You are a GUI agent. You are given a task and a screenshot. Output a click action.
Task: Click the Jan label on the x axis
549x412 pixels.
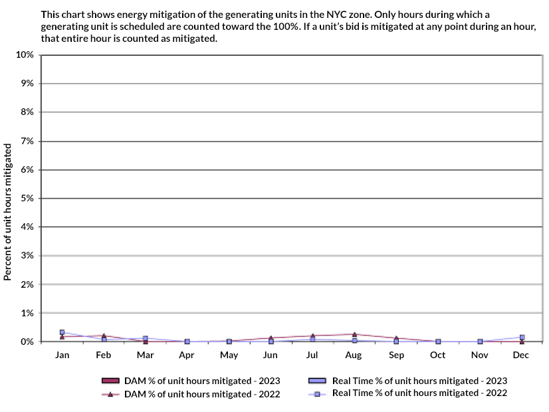(x=62, y=356)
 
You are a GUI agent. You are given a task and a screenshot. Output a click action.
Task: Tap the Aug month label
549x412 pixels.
(x=354, y=356)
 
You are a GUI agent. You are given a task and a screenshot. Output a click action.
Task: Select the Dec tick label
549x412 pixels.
(x=521, y=356)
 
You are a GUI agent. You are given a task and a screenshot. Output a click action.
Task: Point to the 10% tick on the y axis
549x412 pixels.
(x=25, y=54)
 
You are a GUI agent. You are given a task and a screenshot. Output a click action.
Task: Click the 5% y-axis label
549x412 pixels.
(x=27, y=198)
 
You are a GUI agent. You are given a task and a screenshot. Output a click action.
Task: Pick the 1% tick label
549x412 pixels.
(x=27, y=313)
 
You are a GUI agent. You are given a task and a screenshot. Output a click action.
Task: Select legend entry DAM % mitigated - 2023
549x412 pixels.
(x=191, y=381)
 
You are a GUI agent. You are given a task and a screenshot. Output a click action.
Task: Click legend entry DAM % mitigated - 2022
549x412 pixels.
(x=191, y=394)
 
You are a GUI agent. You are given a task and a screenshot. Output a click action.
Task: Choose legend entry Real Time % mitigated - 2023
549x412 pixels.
(x=407, y=381)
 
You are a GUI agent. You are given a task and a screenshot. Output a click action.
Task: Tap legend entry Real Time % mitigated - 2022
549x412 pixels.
(x=407, y=393)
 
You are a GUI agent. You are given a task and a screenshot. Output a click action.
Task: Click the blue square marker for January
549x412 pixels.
(x=62, y=332)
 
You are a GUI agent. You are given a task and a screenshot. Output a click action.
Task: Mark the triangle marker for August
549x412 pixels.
(x=354, y=334)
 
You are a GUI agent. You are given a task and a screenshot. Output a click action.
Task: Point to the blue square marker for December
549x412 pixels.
(x=522, y=338)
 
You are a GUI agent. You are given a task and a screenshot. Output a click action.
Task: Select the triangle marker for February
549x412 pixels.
(x=104, y=336)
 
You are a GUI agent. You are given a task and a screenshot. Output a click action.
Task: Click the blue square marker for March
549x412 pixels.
(x=145, y=339)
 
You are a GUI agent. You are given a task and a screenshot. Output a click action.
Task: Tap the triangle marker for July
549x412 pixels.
(x=312, y=336)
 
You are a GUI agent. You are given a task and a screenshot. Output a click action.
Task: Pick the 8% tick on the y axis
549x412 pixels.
(x=27, y=112)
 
